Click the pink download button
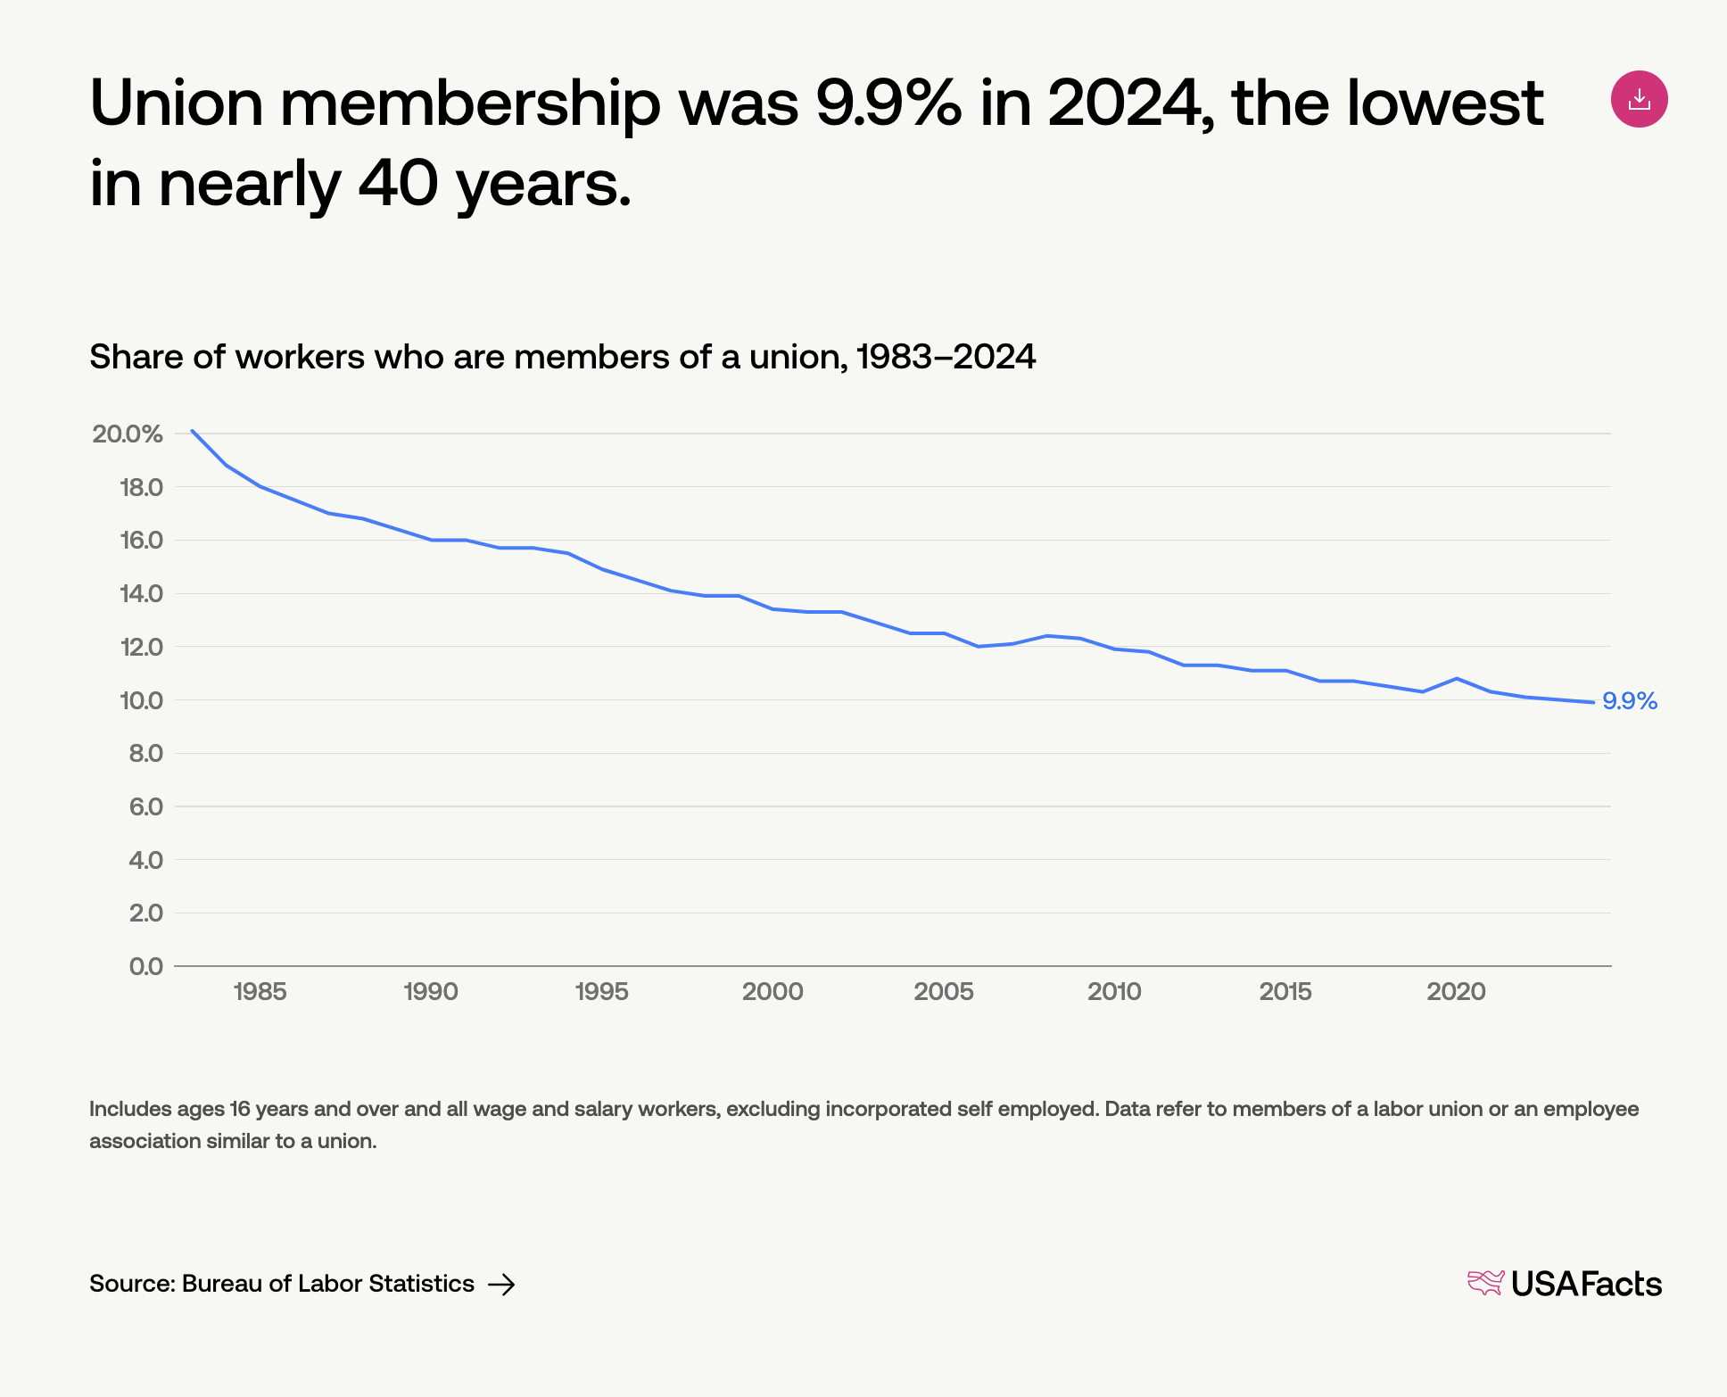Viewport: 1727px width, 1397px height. click(x=1639, y=99)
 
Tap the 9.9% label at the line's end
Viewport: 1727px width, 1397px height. click(x=1629, y=701)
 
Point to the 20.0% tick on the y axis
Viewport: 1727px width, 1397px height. click(x=128, y=434)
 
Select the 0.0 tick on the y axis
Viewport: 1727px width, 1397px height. click(x=146, y=966)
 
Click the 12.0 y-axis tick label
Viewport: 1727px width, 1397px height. click(x=141, y=647)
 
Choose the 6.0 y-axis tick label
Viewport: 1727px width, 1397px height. click(x=145, y=806)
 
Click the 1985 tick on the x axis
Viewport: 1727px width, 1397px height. click(x=260, y=991)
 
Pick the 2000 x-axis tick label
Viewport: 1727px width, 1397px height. click(x=773, y=991)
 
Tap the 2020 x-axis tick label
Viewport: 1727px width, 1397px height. click(x=1456, y=991)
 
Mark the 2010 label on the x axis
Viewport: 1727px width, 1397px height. click(x=1114, y=991)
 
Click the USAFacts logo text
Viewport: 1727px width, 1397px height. click(x=1585, y=1284)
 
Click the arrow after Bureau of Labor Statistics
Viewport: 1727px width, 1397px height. click(x=501, y=1284)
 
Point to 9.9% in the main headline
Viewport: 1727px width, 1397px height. click(x=888, y=103)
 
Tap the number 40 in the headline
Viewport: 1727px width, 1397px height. click(x=398, y=184)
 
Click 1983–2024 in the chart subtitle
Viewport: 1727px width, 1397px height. click(x=946, y=357)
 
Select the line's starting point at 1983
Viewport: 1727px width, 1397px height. click(x=192, y=431)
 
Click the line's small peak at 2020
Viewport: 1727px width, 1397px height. click(x=1457, y=678)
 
